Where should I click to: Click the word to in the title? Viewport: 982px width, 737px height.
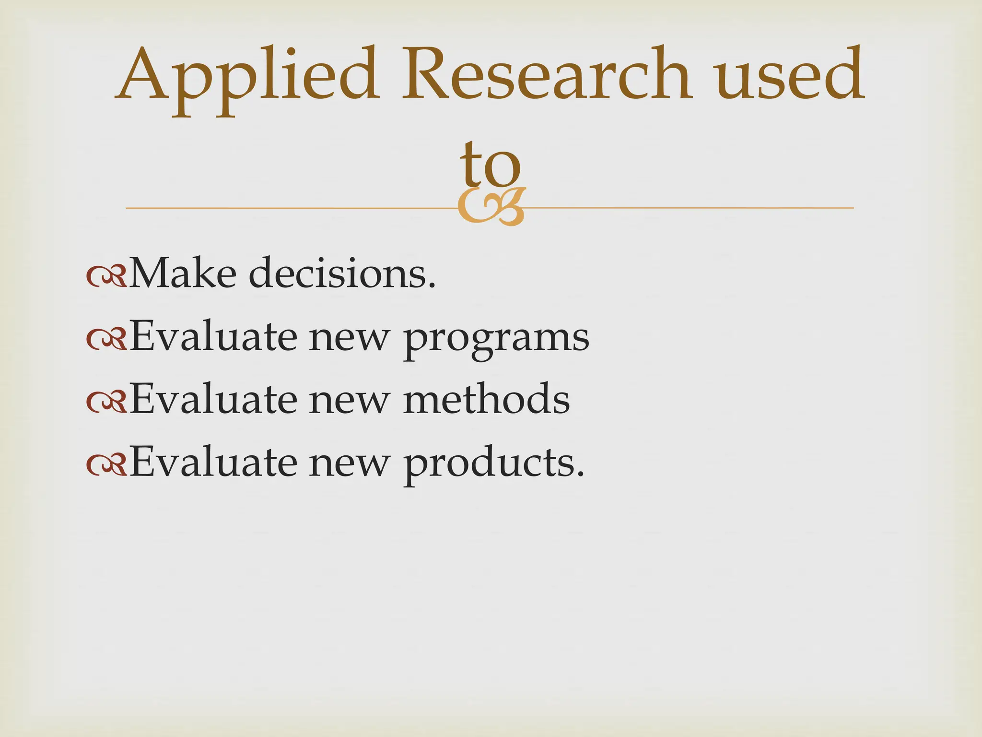(x=490, y=166)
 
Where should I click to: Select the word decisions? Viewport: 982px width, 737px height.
(x=342, y=273)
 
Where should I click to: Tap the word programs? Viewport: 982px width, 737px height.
(x=496, y=338)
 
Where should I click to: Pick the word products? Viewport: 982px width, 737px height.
(x=494, y=464)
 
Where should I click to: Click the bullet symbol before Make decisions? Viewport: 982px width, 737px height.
(x=106, y=276)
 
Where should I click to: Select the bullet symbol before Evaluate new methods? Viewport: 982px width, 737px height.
(x=106, y=402)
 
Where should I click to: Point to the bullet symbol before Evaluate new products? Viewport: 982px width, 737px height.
(x=106, y=464)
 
